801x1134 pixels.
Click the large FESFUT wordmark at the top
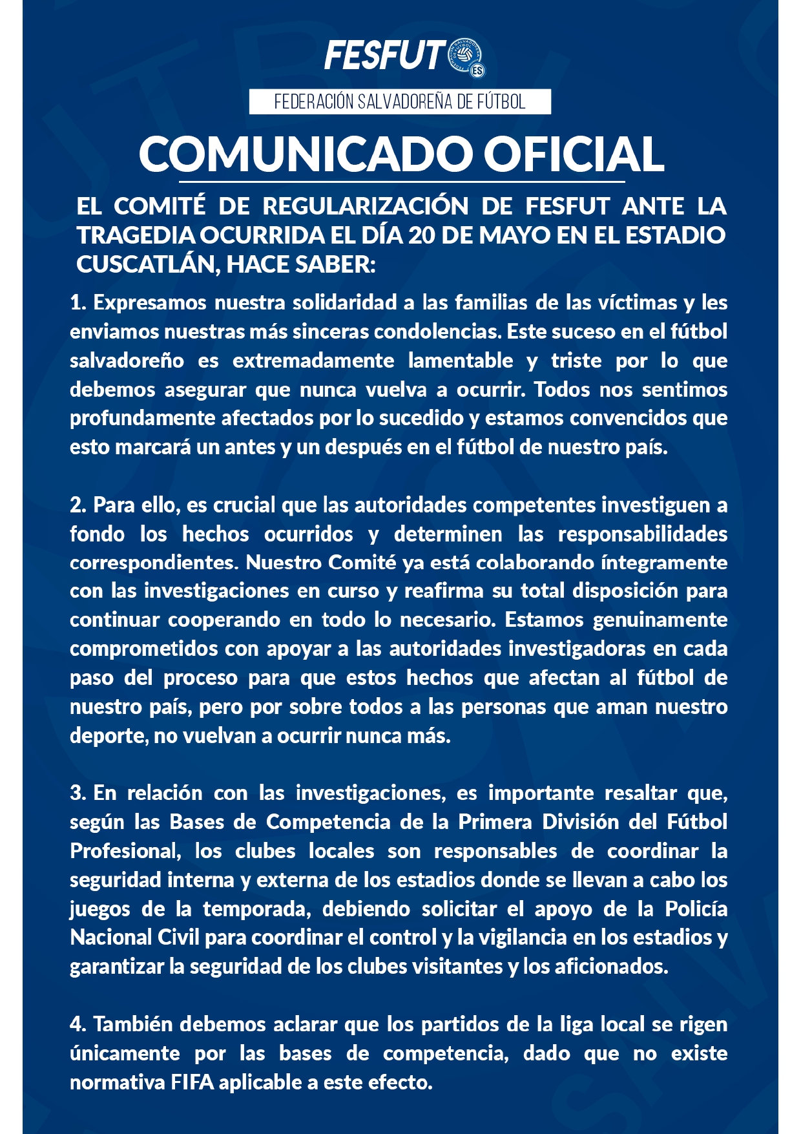point(384,56)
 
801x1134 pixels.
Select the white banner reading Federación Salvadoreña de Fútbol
point(400,102)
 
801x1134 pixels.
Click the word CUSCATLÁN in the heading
point(145,264)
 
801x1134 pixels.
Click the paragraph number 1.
point(78,302)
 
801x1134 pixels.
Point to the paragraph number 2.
point(78,505)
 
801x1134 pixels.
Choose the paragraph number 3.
point(78,793)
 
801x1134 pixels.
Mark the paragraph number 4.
point(78,1024)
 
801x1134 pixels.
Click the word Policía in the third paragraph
point(696,908)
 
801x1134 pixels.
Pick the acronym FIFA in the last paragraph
point(192,1082)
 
